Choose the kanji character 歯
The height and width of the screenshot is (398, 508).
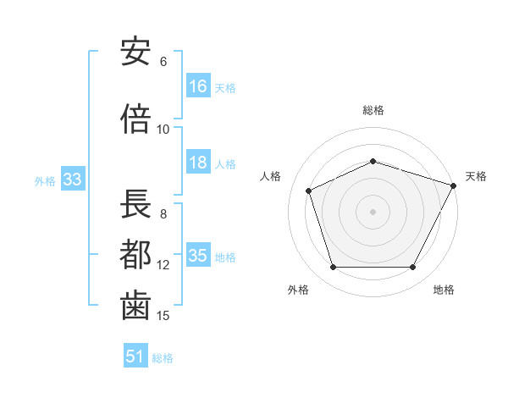coord(135,305)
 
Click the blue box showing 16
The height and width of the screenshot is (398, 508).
coord(198,86)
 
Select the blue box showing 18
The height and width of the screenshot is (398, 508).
coord(198,163)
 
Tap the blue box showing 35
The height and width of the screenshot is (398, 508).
coord(198,256)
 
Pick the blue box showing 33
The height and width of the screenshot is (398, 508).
coord(72,180)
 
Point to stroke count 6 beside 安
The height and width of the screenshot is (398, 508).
coord(163,62)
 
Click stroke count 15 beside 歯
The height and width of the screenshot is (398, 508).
coord(163,316)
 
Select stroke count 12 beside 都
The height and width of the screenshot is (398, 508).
coord(163,265)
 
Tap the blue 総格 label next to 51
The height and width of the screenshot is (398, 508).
coord(163,358)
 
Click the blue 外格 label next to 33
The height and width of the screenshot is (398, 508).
coord(45,181)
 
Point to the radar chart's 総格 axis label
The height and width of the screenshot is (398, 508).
coord(373,110)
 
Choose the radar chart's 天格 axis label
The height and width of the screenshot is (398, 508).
coord(476,176)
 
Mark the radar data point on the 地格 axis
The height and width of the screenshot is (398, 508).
coord(412,268)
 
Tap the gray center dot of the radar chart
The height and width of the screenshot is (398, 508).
coord(373,211)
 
